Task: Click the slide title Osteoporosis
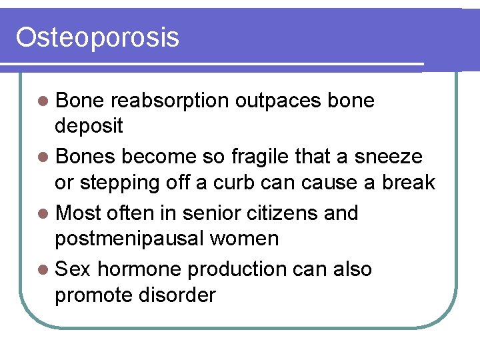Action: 97,37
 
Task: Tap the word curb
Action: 241,181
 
